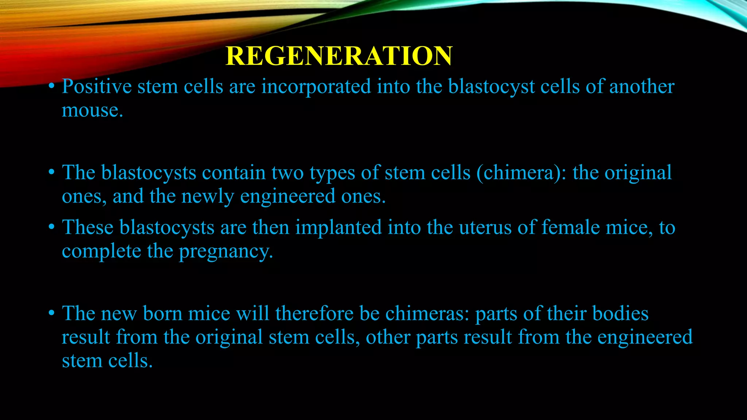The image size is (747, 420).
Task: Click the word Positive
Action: (x=97, y=87)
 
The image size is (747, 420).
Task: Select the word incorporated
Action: (x=316, y=87)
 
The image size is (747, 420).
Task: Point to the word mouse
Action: (x=92, y=110)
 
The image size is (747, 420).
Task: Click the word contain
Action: (x=234, y=173)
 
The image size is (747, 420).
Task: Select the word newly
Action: (x=208, y=197)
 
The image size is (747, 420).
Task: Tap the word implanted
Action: (x=338, y=227)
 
